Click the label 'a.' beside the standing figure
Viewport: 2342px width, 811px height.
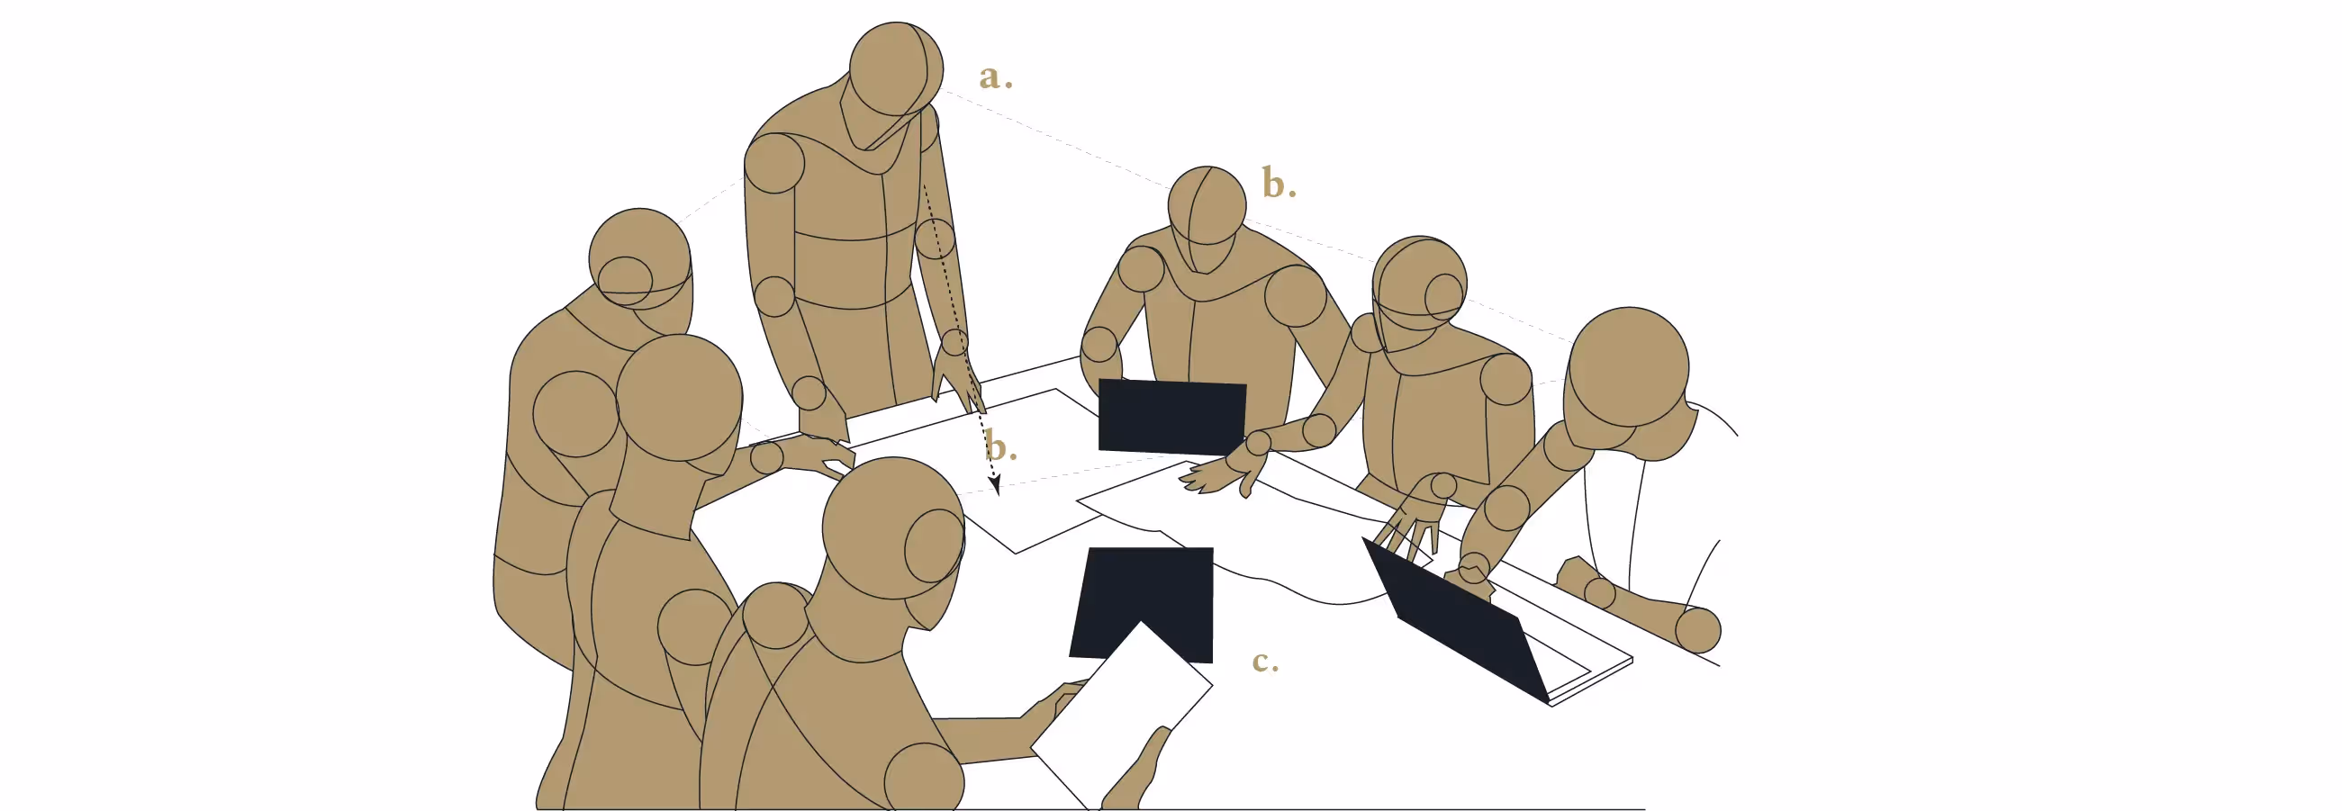[996, 77]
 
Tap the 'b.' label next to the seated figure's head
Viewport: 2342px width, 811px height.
[1279, 184]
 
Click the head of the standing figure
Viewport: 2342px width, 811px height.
[896, 70]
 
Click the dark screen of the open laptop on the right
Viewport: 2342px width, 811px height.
[1455, 618]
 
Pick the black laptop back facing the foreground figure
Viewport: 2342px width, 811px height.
[1142, 604]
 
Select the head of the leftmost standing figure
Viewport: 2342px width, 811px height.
[640, 264]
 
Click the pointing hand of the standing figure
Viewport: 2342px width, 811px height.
[956, 380]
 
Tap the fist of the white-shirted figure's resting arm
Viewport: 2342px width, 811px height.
[1697, 630]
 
